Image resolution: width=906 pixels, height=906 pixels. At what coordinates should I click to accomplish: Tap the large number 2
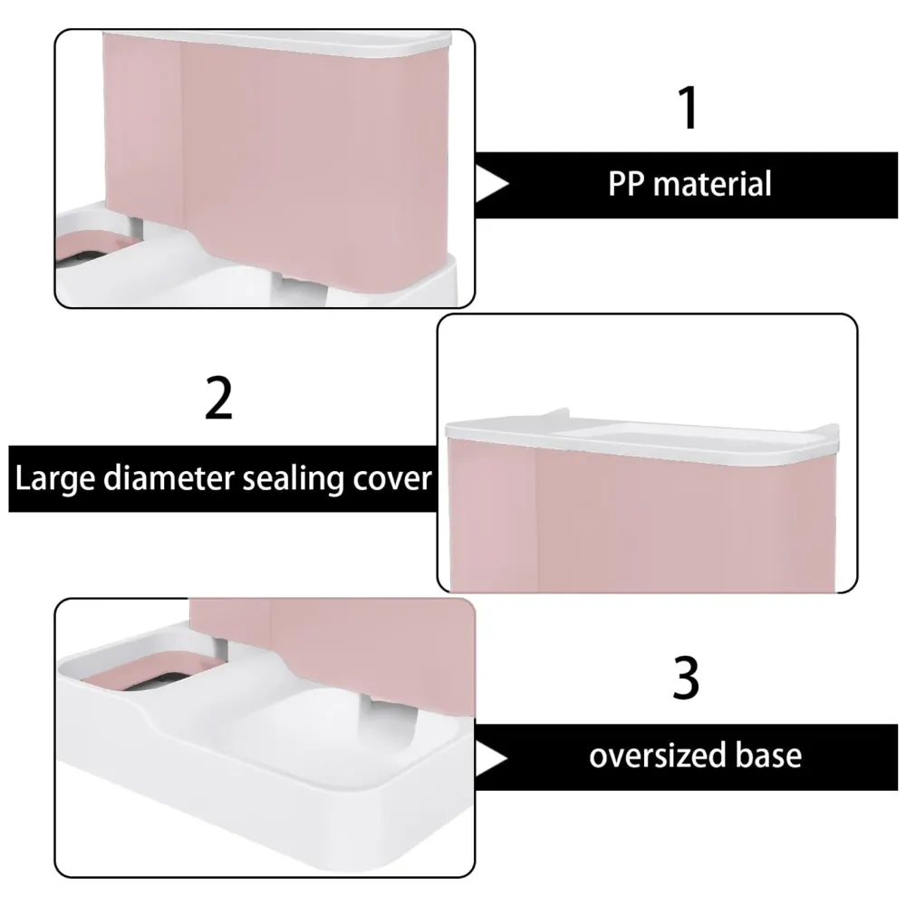(x=219, y=400)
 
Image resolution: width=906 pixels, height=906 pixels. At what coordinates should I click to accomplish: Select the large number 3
(x=687, y=679)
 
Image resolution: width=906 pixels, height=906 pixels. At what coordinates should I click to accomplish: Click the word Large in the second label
(x=55, y=477)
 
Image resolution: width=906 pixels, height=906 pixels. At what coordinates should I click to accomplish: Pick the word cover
(x=390, y=477)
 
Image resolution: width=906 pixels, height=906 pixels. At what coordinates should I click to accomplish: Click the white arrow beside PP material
(x=493, y=185)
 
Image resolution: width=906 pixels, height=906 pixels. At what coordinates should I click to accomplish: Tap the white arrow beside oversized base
(x=493, y=755)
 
